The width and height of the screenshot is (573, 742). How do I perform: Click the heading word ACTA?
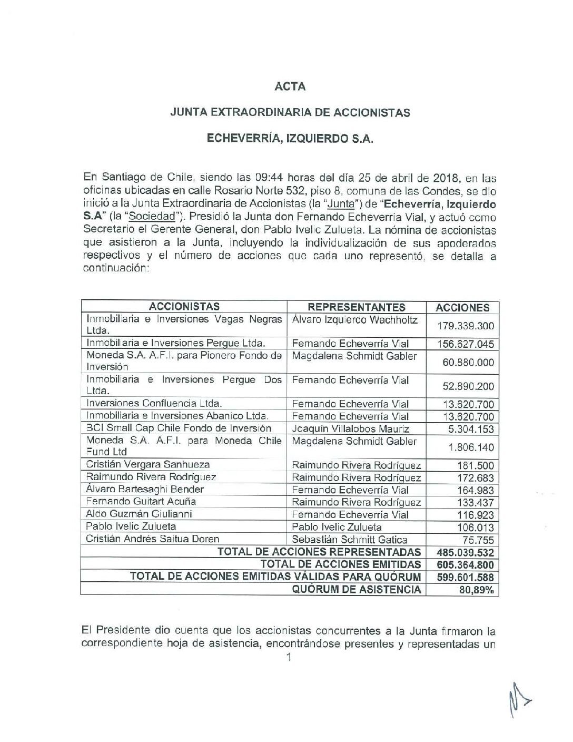tap(290, 86)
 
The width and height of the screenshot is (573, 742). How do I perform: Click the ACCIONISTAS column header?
tap(184, 307)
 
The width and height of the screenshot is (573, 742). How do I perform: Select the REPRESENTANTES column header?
tap(357, 307)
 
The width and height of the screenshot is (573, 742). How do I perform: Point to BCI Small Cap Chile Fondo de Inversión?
tap(179, 428)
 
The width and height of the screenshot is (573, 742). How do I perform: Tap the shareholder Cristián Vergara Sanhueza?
tap(148, 464)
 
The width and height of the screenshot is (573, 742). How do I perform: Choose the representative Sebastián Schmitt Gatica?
tap(349, 539)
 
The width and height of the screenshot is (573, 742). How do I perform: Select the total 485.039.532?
tap(466, 552)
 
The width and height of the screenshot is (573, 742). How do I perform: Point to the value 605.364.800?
tap(466, 565)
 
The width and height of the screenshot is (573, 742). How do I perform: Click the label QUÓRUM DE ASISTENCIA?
tap(357, 590)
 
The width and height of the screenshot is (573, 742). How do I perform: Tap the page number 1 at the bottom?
tap(287, 657)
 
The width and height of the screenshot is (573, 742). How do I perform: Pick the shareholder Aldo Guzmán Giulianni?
tap(139, 514)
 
